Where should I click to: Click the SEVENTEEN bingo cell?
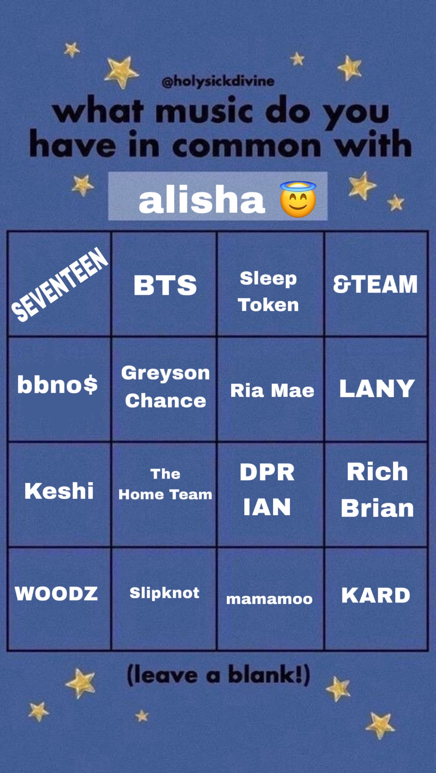(59, 284)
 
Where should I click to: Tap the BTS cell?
(164, 284)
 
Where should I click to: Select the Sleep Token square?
(270, 284)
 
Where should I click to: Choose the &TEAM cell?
(376, 284)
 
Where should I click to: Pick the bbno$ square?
(59, 389)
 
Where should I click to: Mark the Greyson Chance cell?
(164, 389)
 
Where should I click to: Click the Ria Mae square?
(270, 389)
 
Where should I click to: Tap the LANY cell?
(376, 389)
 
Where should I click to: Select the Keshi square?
(59, 495)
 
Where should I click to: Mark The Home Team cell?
(164, 495)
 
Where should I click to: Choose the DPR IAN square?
(270, 495)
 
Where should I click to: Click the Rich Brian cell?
(376, 495)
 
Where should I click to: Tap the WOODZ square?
(59, 599)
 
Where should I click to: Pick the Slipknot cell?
(164, 599)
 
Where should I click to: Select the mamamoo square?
(270, 599)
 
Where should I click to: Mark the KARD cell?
(376, 599)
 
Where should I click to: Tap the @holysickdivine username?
(218, 81)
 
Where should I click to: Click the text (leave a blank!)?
(219, 675)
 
